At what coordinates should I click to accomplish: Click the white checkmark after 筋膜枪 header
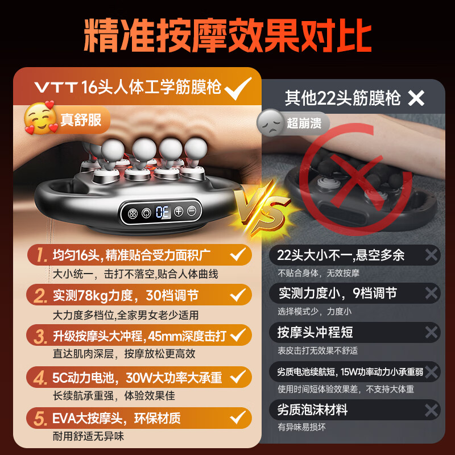(x=238, y=88)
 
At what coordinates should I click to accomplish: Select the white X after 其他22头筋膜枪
(x=416, y=98)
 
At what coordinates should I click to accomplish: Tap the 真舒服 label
(x=81, y=121)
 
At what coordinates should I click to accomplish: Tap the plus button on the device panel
(x=179, y=210)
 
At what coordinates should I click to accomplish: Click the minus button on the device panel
(x=192, y=210)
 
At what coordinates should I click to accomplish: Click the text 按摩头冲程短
(x=315, y=332)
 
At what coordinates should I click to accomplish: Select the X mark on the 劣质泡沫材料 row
(x=431, y=409)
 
